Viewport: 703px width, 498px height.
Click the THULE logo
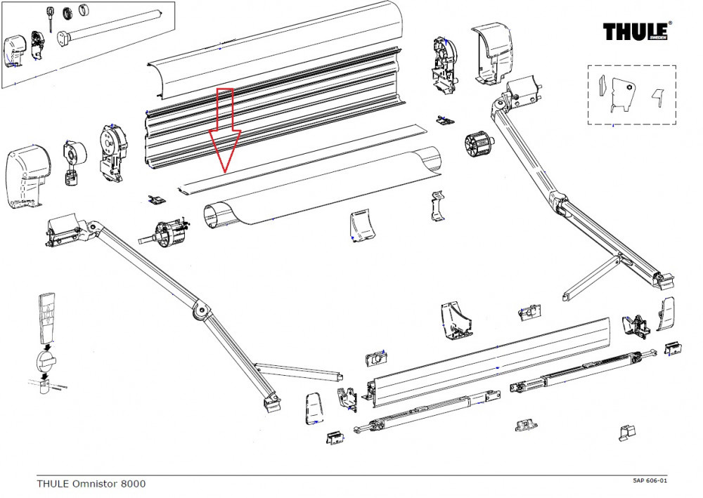point(637,32)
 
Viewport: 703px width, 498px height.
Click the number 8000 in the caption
point(133,483)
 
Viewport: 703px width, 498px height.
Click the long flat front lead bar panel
point(492,365)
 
